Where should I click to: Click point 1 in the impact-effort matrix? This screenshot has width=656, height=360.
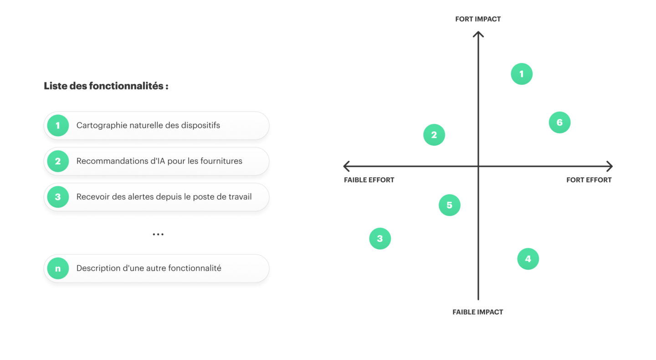click(x=522, y=74)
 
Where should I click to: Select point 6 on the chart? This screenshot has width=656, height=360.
click(x=559, y=123)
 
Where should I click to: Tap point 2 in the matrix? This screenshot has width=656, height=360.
click(x=434, y=135)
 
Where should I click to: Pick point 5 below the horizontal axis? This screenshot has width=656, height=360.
click(x=450, y=205)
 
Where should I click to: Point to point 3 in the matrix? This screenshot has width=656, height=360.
click(x=380, y=238)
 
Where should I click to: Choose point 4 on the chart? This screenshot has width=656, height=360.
click(x=528, y=259)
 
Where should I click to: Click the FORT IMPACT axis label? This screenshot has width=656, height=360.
click(x=478, y=19)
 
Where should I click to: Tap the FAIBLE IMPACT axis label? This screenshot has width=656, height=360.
click(x=477, y=312)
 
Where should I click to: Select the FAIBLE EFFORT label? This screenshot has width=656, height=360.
click(x=369, y=180)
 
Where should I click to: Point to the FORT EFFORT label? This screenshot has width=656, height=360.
click(x=589, y=180)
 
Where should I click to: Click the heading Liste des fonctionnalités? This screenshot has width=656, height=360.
click(x=106, y=86)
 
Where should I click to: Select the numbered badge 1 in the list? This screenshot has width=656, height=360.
click(x=58, y=125)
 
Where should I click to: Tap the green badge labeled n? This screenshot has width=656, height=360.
click(x=58, y=268)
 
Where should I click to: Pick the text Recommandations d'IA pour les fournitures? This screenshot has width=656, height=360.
click(x=159, y=161)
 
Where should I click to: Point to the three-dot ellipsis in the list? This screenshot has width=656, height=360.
click(x=158, y=234)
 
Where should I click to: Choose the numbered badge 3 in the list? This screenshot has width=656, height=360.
click(x=58, y=197)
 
